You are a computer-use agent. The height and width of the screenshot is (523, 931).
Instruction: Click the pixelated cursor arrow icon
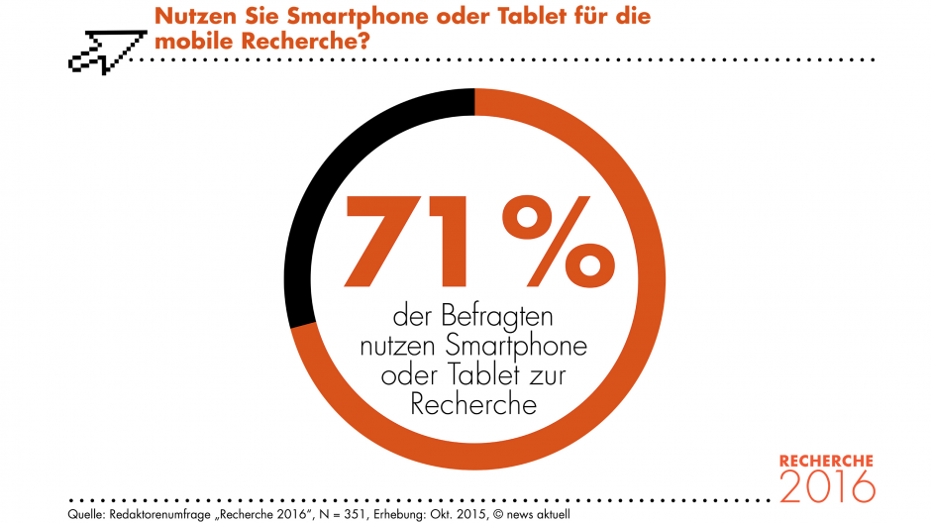pyautogui.click(x=107, y=52)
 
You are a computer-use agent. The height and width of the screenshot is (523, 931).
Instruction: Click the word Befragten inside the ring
pyautogui.click(x=497, y=316)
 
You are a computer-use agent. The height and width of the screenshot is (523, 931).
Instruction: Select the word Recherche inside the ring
pyautogui.click(x=473, y=405)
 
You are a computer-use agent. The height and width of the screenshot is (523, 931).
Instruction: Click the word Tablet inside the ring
pyautogui.click(x=483, y=375)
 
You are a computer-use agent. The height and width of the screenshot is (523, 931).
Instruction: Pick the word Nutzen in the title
pyautogui.click(x=195, y=16)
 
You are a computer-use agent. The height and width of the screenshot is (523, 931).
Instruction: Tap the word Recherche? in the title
pyautogui.click(x=306, y=42)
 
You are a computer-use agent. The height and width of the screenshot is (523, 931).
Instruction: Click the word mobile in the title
pyautogui.click(x=195, y=42)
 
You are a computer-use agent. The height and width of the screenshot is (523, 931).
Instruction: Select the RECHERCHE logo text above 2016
pyautogui.click(x=826, y=462)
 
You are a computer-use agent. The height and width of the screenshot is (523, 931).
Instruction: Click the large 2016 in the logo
pyautogui.click(x=827, y=486)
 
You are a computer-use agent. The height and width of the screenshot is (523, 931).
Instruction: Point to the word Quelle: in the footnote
pyautogui.click(x=86, y=514)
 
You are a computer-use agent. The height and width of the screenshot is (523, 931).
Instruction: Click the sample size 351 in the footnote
pyautogui.click(x=355, y=514)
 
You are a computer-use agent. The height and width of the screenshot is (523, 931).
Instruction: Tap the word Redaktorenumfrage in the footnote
pyautogui.click(x=159, y=515)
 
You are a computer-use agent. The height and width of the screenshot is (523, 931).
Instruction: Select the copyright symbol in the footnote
pyautogui.click(x=497, y=514)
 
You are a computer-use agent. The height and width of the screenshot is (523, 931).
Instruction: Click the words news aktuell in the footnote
pyautogui.click(x=539, y=514)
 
